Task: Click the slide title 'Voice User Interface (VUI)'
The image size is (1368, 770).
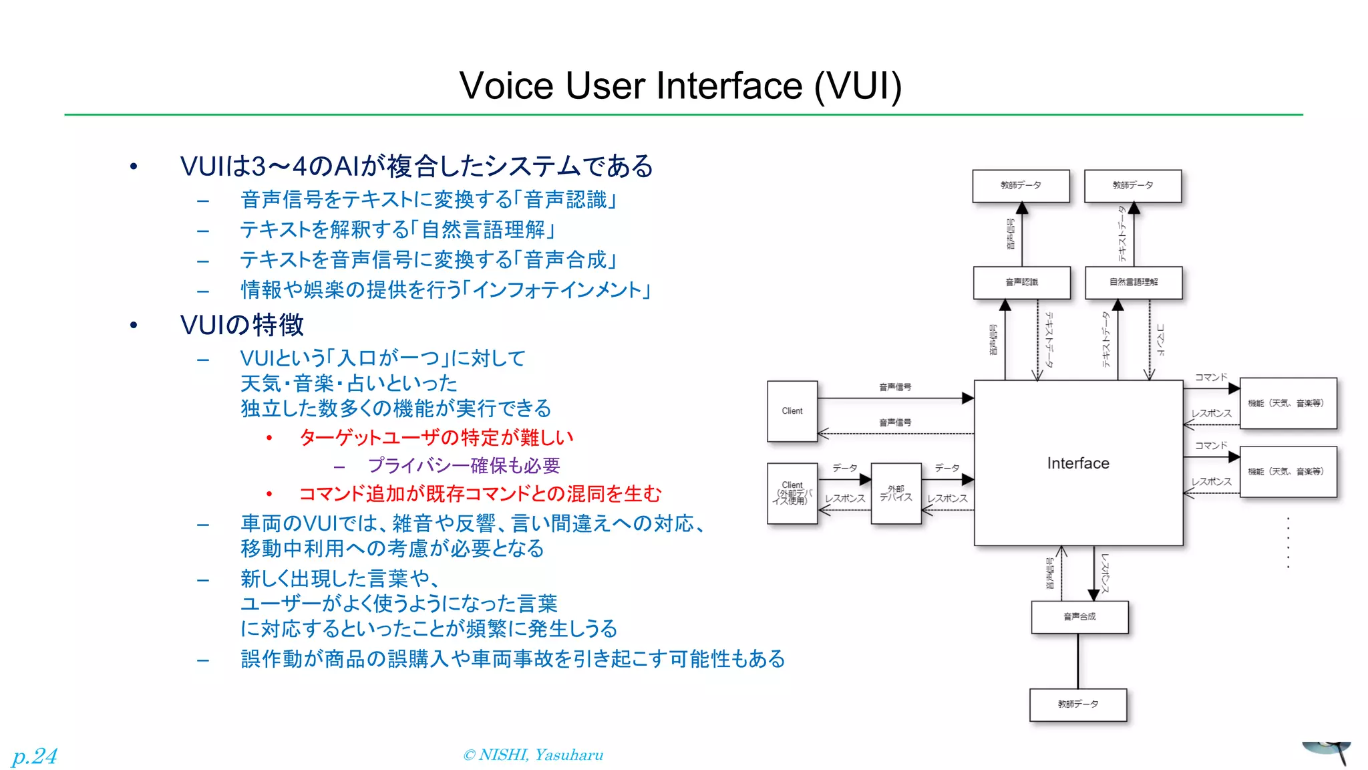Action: click(680, 86)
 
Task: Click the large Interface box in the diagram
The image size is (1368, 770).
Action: click(1077, 463)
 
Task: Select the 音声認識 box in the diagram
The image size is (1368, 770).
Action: click(1021, 282)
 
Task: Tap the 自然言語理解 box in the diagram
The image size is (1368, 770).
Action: click(1134, 282)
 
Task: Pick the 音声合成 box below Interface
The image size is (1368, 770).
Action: click(1079, 616)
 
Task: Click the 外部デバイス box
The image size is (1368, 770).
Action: click(896, 493)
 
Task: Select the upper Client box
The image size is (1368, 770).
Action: click(792, 411)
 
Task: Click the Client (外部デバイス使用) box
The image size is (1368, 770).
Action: click(792, 493)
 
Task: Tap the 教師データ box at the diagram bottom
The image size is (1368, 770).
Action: click(1078, 704)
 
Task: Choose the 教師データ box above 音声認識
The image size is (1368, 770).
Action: click(1021, 185)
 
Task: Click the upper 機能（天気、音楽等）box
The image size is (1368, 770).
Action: click(1287, 403)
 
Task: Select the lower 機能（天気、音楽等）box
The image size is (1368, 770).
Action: click(1287, 472)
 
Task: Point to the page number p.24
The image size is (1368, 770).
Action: click(35, 756)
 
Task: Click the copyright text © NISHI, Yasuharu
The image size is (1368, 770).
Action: click(533, 755)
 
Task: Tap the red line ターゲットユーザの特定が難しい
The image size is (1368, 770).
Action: click(436, 438)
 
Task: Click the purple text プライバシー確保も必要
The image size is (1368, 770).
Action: click(464, 465)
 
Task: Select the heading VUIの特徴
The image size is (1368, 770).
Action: click(242, 326)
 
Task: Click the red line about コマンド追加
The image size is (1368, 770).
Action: click(480, 494)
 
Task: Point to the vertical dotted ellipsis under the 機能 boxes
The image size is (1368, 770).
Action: click(1288, 543)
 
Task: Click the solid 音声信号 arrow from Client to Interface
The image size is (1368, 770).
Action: click(895, 398)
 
